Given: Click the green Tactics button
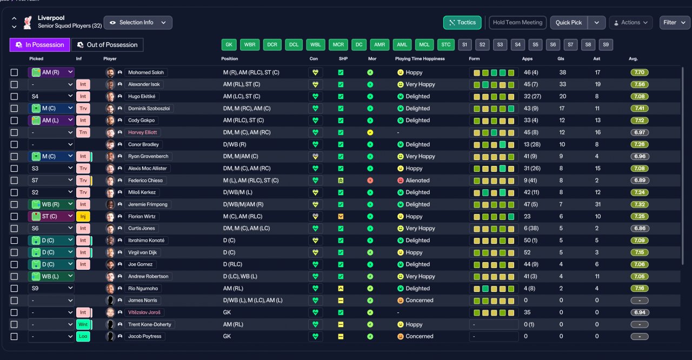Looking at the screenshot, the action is tap(462, 23).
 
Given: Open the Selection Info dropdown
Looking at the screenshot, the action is tap(138, 23).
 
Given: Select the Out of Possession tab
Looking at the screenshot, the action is tap(107, 45).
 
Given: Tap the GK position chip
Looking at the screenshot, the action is tap(229, 45).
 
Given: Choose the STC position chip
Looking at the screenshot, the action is tap(446, 45).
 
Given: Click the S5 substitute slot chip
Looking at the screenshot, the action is tap(535, 45).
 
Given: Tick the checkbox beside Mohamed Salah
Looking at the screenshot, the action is tap(14, 72).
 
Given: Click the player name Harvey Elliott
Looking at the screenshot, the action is tap(142, 132).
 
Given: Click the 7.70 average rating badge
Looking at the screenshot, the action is tap(639, 72).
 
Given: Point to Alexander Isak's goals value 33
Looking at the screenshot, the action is tap(563, 84).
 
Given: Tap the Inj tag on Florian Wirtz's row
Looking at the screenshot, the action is tap(83, 216).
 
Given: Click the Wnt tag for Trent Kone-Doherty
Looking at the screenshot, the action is tap(83, 324).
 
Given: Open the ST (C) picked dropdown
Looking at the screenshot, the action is tap(51, 216).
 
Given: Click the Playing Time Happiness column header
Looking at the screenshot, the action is tap(420, 59).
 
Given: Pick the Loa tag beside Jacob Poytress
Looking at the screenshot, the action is tap(83, 337).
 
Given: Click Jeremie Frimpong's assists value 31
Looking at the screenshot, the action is tap(598, 204).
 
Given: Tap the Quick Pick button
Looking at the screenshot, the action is tap(569, 23).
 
